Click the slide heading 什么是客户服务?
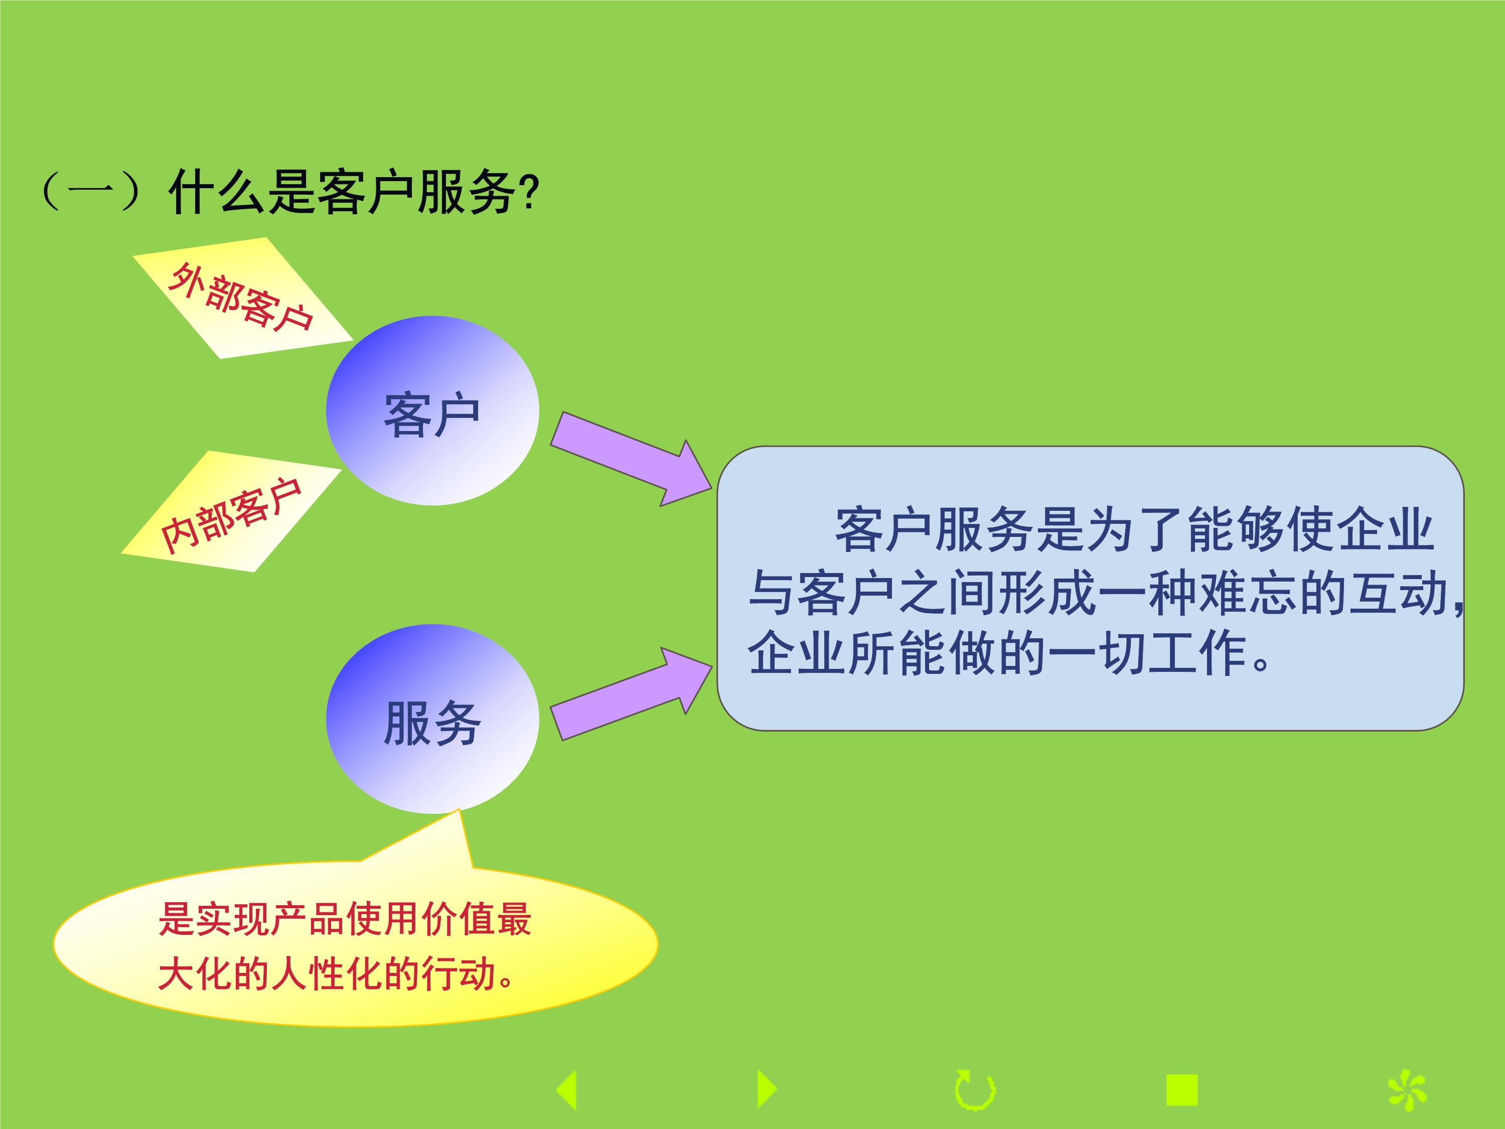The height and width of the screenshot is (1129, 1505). pos(354,193)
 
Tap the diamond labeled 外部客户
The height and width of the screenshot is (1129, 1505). pos(243,298)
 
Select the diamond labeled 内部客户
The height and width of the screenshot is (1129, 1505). pos(231,511)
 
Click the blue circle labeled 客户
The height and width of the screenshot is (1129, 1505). pos(433,410)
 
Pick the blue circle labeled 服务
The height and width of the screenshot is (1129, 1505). pos(433,719)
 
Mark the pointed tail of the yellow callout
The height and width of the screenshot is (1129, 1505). pos(459,810)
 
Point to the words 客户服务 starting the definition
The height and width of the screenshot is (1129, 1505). pos(934,529)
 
